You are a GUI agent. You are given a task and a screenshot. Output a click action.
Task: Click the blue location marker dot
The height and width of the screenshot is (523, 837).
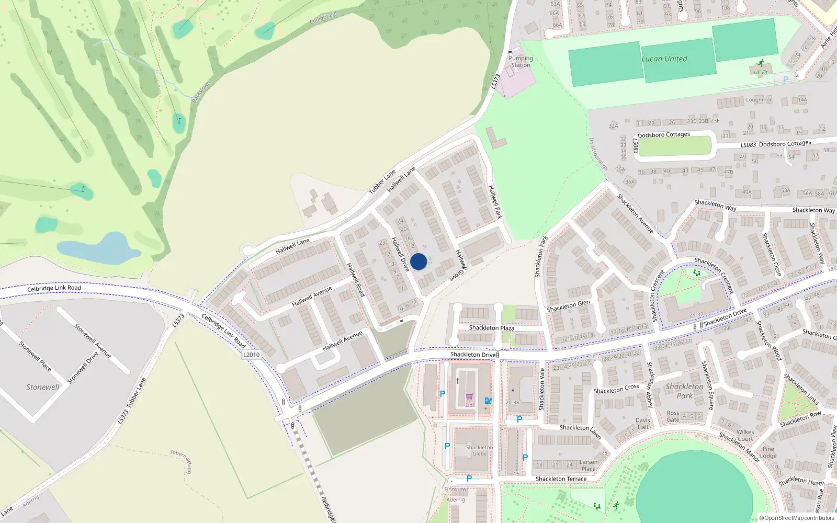[x=418, y=261]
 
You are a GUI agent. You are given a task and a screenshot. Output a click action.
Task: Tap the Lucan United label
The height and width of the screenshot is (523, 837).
[x=664, y=59]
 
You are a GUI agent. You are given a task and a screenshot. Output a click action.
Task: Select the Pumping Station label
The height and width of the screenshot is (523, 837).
[x=521, y=62]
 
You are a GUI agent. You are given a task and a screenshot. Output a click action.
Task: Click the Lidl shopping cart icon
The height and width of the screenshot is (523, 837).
[x=469, y=397]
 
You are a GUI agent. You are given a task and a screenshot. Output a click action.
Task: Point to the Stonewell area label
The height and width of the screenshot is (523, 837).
[x=43, y=388]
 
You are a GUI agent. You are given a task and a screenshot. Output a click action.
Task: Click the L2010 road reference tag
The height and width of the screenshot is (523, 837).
[x=252, y=355]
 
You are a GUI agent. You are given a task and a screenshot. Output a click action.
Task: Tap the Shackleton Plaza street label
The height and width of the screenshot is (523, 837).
[x=491, y=328]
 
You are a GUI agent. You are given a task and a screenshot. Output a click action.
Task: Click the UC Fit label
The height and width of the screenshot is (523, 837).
[x=761, y=73]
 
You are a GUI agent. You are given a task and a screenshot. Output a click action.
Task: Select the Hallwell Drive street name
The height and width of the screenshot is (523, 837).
[x=400, y=254]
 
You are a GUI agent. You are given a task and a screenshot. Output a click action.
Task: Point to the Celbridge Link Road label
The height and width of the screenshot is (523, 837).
[x=54, y=288]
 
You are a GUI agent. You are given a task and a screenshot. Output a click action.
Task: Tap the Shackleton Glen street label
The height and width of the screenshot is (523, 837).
[x=568, y=306]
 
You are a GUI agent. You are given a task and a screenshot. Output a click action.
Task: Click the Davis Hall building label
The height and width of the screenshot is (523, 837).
[x=643, y=424]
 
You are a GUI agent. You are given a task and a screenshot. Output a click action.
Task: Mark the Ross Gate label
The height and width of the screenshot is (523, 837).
[x=673, y=416]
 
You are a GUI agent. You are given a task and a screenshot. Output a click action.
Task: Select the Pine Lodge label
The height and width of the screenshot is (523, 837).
[x=768, y=452]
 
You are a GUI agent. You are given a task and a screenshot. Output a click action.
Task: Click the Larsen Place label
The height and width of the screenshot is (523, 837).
[x=589, y=465]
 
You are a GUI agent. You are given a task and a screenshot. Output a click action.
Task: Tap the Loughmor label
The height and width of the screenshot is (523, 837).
[x=759, y=100]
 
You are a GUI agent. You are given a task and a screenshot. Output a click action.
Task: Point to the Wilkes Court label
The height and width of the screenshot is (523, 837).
[x=745, y=436]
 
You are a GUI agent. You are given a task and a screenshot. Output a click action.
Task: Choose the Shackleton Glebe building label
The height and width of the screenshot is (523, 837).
[x=479, y=451]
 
